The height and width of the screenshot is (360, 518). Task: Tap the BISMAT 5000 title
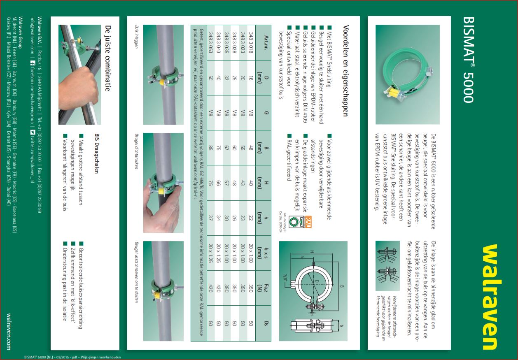[x=469, y=60]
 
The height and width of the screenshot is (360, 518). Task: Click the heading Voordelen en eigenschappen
[x=345, y=71]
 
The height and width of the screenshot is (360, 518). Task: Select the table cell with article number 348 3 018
[x=251, y=43]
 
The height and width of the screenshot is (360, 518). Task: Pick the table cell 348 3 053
[x=211, y=43]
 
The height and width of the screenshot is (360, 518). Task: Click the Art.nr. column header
[x=266, y=43]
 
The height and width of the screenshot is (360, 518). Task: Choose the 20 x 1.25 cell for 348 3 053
[x=211, y=253]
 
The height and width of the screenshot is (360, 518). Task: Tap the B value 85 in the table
[x=211, y=147]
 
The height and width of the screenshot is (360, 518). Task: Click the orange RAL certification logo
[x=308, y=222]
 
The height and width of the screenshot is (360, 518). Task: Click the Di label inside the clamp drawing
[x=317, y=281]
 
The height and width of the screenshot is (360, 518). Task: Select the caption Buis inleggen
[x=136, y=37]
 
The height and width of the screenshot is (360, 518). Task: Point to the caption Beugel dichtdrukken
[x=136, y=151]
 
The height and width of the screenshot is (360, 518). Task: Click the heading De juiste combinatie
[x=108, y=58]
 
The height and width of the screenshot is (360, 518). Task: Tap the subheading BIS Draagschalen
[x=97, y=153]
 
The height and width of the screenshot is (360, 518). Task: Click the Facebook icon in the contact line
[x=33, y=63]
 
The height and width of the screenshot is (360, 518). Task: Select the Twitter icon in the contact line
[x=33, y=132]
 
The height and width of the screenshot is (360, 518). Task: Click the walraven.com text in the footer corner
[x=9, y=332]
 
